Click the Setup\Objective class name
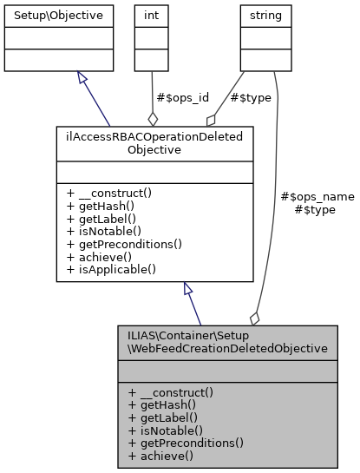point(59,16)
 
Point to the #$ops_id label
point(178,98)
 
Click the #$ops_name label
point(318,196)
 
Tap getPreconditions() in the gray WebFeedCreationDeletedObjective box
point(185,442)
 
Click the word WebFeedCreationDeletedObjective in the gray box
point(226,348)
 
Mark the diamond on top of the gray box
point(255,319)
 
